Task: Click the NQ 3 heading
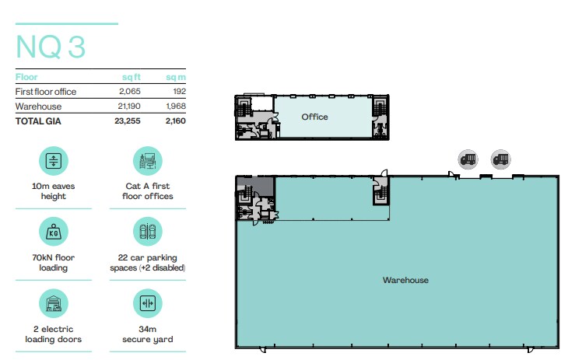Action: coord(51,47)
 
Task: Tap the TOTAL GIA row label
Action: coord(38,121)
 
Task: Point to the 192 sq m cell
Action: coord(178,92)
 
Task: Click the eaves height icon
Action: coord(54,162)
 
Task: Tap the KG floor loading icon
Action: coord(54,232)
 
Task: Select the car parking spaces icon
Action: coord(147,232)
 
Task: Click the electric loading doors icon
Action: coord(54,303)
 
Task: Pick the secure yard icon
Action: coord(147,303)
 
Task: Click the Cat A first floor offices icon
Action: coord(147,162)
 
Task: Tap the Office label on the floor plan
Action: coord(315,117)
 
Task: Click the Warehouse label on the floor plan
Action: coord(405,280)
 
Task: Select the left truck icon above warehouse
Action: coord(468,159)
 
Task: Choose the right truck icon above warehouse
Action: coord(500,159)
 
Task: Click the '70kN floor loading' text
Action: coord(54,263)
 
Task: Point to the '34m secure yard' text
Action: coord(147,334)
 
